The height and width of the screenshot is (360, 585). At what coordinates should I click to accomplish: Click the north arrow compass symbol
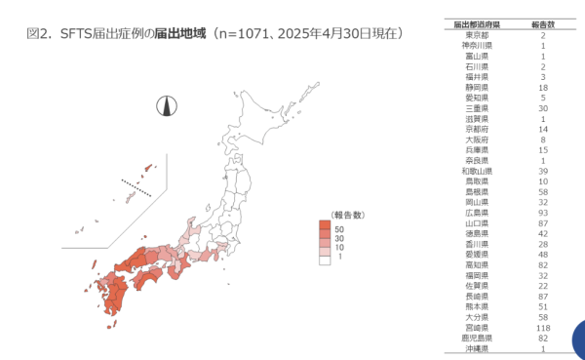[166, 106]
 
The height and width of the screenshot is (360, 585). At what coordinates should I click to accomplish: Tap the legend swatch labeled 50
[324, 226]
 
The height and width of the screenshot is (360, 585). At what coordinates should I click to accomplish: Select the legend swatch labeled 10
[324, 249]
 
